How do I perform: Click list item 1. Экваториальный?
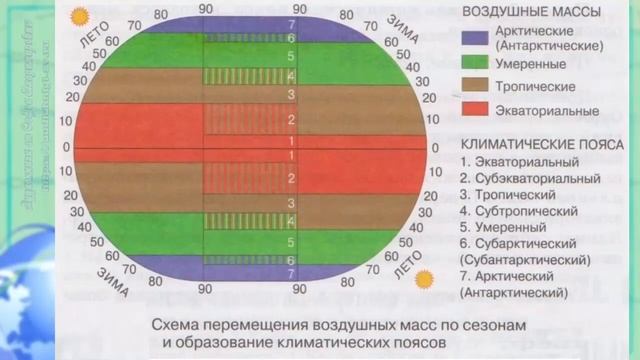point(519,160)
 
